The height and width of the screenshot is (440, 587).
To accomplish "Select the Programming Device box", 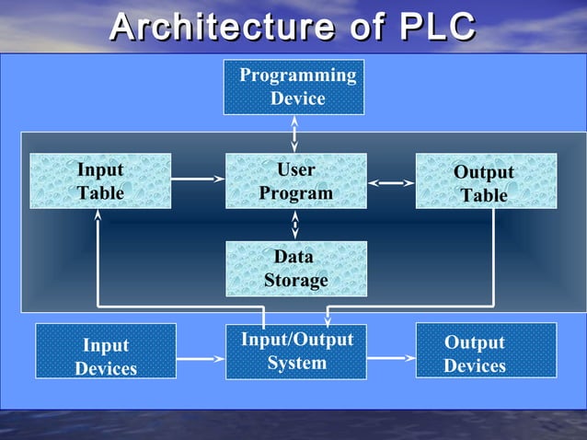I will point(293,87).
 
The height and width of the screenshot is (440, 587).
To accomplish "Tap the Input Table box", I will point(100,181).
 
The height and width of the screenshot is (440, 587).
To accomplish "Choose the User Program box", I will point(295,181).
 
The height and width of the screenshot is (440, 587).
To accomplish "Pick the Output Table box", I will point(485,182).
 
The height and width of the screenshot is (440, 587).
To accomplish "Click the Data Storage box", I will point(295,268).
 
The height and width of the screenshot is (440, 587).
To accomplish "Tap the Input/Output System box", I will point(296,351).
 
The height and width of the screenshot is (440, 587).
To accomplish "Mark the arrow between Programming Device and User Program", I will point(294,134).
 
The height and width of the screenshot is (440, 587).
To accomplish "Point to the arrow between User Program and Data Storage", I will point(294,225).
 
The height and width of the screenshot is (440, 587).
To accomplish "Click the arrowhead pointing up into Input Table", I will point(98,217).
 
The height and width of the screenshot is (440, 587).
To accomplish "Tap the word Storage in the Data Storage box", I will point(295,280).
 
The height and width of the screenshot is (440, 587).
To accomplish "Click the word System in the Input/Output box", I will point(296,363).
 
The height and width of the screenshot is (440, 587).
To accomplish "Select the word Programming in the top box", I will point(297,75).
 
